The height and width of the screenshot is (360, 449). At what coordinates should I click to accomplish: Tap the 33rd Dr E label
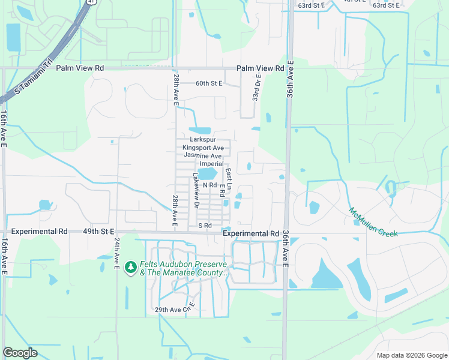pos(256,87)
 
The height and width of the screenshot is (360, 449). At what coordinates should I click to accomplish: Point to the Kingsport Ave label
pos(203,148)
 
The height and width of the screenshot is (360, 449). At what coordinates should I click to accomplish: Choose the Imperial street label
pos(211,164)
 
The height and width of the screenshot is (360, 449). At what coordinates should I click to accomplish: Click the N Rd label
pos(209,185)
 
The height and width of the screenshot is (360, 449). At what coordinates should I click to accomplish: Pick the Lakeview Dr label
pos(196,191)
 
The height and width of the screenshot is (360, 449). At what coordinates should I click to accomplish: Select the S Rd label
pos(205,226)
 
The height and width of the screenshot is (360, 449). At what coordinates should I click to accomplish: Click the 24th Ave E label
pos(116,252)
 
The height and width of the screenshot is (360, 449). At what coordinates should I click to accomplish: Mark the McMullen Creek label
pos(372,223)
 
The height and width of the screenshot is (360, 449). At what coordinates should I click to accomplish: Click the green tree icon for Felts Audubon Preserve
pos(131,267)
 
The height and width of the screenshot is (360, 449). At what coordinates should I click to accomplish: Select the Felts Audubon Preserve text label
pos(183,268)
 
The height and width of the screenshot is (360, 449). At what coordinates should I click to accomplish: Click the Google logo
pos(20,352)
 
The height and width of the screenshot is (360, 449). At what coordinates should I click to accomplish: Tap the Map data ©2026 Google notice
pos(411,355)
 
